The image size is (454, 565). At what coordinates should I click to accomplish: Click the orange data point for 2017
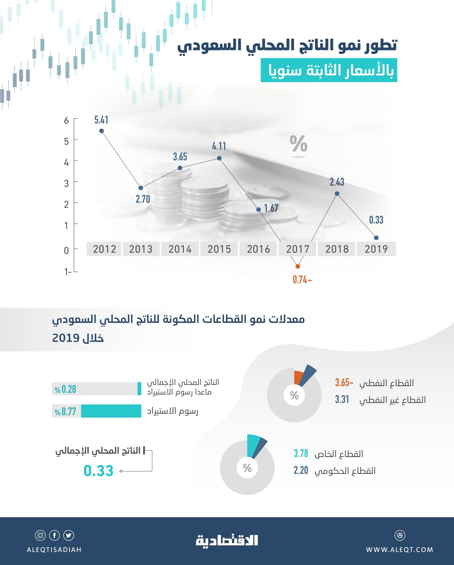click(298, 266)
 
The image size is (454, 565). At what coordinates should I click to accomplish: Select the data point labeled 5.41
click(102, 131)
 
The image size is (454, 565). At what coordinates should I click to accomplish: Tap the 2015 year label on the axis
click(219, 249)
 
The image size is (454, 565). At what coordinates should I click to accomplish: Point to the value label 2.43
click(337, 182)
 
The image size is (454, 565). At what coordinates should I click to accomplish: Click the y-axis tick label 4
click(67, 163)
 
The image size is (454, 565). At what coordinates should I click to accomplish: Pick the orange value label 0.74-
click(302, 280)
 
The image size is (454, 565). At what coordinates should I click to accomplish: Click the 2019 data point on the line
click(376, 238)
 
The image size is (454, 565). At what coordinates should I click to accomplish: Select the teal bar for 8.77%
click(111, 411)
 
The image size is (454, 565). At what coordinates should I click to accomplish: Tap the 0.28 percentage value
click(65, 389)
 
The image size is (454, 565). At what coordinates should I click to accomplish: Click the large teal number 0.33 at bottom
click(98, 471)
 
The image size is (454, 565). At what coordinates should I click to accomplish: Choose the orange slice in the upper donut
click(298, 378)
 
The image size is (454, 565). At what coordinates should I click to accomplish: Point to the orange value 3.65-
click(344, 383)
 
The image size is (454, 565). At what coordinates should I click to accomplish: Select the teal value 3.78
click(301, 453)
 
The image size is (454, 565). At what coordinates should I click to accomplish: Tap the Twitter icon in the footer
click(69, 535)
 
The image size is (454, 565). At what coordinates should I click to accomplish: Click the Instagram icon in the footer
click(40, 535)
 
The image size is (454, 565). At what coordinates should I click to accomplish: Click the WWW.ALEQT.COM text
click(399, 550)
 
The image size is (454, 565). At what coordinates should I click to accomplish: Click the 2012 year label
click(104, 249)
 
